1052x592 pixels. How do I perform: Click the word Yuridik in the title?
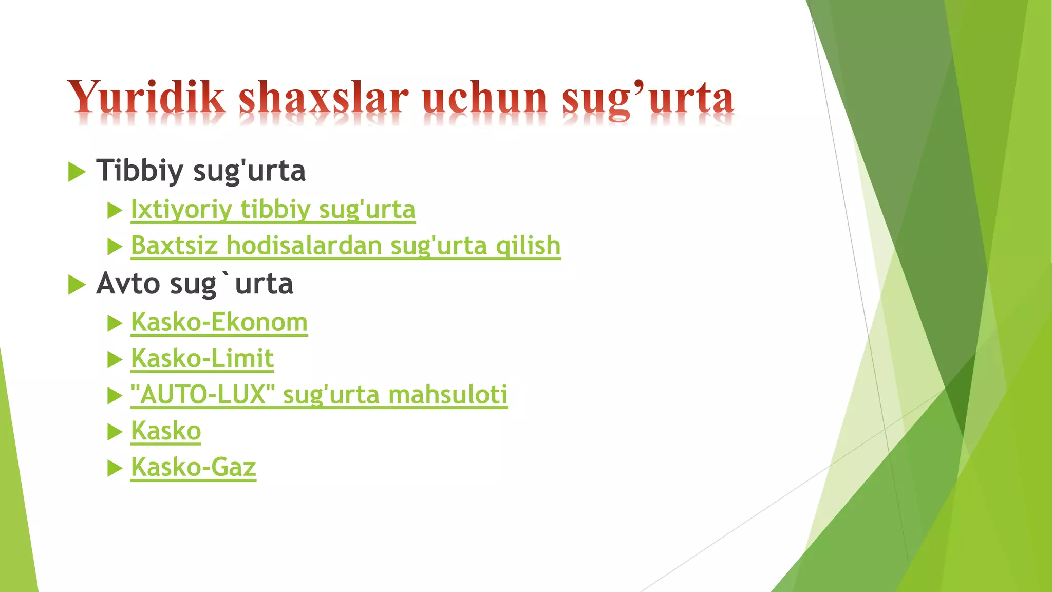tap(146, 98)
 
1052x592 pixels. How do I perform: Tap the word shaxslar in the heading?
tap(324, 98)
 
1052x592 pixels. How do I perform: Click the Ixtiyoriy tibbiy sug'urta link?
tap(273, 210)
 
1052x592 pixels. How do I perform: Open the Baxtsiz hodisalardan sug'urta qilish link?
tap(345, 246)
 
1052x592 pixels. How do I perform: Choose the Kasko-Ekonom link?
tap(219, 323)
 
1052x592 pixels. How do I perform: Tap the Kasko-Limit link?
tap(202, 359)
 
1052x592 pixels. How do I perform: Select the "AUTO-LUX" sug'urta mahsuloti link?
tap(318, 395)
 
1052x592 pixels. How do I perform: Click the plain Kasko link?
tap(165, 431)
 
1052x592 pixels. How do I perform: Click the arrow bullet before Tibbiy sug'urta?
tap(77, 172)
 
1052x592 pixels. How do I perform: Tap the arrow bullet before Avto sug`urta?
tap(77, 285)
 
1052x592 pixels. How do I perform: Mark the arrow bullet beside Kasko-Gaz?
tap(114, 469)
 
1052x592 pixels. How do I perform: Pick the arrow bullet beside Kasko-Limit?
tap(114, 360)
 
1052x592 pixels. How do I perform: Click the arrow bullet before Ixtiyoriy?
tap(114, 211)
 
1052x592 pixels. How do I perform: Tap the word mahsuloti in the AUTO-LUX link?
tap(447, 395)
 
